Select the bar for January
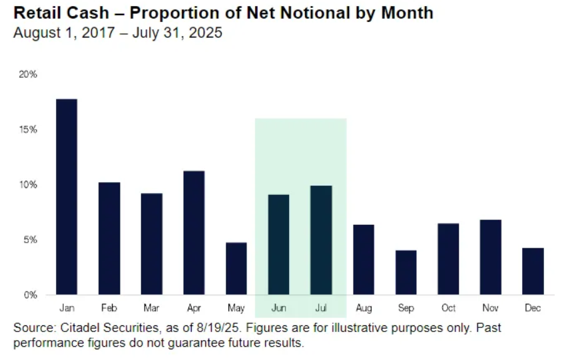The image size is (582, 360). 67,196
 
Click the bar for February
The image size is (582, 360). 109,238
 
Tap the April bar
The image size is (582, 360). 194,232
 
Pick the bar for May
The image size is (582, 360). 236,268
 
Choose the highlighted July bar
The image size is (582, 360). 321,240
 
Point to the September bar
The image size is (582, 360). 406,272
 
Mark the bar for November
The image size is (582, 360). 490,257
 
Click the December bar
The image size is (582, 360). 533,271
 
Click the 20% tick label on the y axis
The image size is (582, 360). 28,75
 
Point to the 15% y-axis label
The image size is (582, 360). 28,129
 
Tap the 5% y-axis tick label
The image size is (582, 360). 30,240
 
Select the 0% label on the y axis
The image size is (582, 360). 30,295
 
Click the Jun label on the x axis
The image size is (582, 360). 278,309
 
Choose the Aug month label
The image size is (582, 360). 364,309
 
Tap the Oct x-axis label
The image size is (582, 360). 448,309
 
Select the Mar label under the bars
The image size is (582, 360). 152,309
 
